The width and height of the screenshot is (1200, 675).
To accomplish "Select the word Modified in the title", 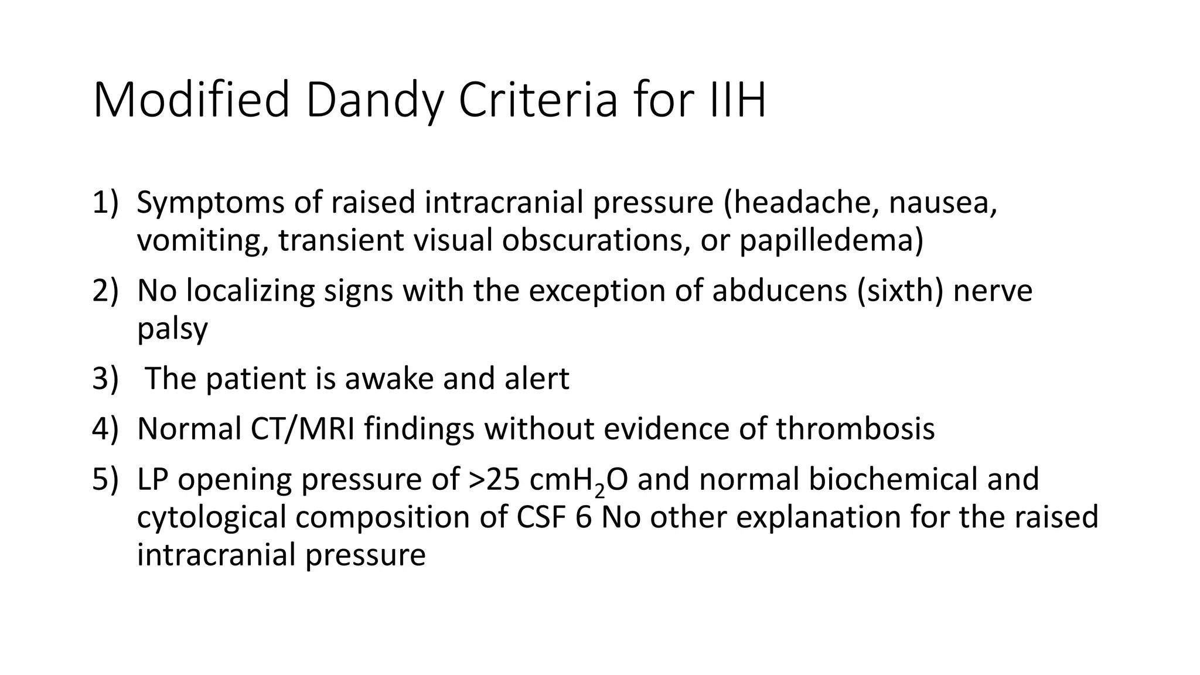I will point(191,101).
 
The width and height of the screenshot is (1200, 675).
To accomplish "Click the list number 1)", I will point(105,203).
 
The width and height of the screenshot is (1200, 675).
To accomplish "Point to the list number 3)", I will point(105,379).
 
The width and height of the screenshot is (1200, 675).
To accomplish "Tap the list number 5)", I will point(105,479).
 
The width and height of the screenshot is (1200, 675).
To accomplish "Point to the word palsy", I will point(172,329).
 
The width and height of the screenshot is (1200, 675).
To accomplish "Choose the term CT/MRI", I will point(302,429).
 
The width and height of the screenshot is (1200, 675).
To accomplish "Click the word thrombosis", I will point(855,429).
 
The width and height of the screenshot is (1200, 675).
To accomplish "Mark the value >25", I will point(494,479).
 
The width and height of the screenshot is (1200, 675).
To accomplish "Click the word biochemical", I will point(893,479).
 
